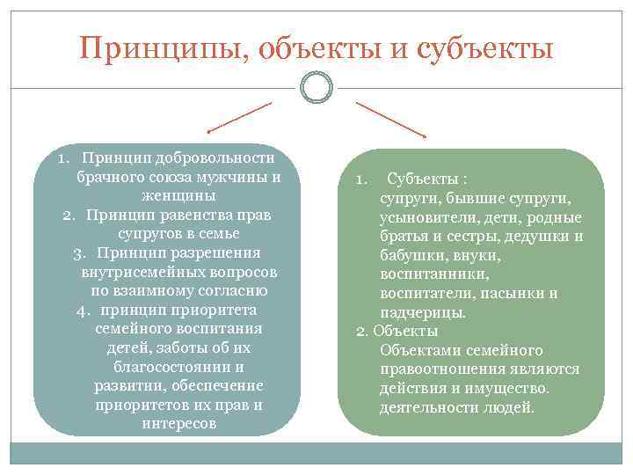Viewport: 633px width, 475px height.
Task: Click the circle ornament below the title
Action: (x=316, y=86)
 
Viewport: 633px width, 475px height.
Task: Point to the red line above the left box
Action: (x=239, y=117)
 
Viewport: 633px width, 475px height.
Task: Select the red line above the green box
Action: (x=391, y=119)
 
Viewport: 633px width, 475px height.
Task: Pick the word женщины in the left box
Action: (x=179, y=196)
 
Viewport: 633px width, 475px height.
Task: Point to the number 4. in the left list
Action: (x=85, y=311)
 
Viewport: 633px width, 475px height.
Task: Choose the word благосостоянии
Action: (x=179, y=367)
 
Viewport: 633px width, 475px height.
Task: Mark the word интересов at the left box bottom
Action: (x=179, y=424)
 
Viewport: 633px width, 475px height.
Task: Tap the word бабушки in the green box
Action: (x=409, y=255)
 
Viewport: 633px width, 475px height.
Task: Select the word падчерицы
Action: (x=423, y=312)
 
